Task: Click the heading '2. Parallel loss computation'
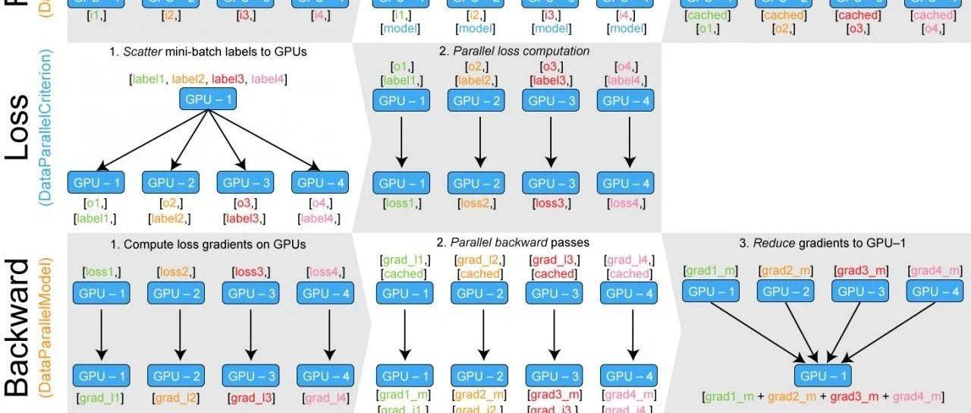[x=514, y=51]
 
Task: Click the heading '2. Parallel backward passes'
[x=514, y=243]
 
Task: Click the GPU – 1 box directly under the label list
[x=207, y=99]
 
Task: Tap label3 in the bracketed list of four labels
[x=230, y=79]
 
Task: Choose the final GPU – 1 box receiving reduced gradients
[x=823, y=375]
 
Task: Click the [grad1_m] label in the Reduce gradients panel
[x=710, y=270]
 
